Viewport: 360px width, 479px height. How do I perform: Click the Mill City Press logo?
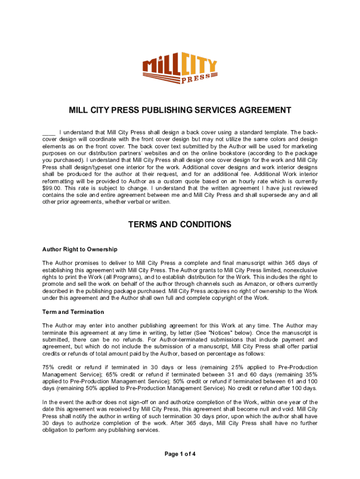coord(180,69)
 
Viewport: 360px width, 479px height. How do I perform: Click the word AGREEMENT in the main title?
coord(260,110)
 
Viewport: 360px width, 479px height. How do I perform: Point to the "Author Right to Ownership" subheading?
coord(79,249)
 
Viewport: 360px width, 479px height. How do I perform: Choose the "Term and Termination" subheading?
coord(73,312)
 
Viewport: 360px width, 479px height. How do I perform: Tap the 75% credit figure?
coord(49,368)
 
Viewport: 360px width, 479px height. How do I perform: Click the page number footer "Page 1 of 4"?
coord(180,454)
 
